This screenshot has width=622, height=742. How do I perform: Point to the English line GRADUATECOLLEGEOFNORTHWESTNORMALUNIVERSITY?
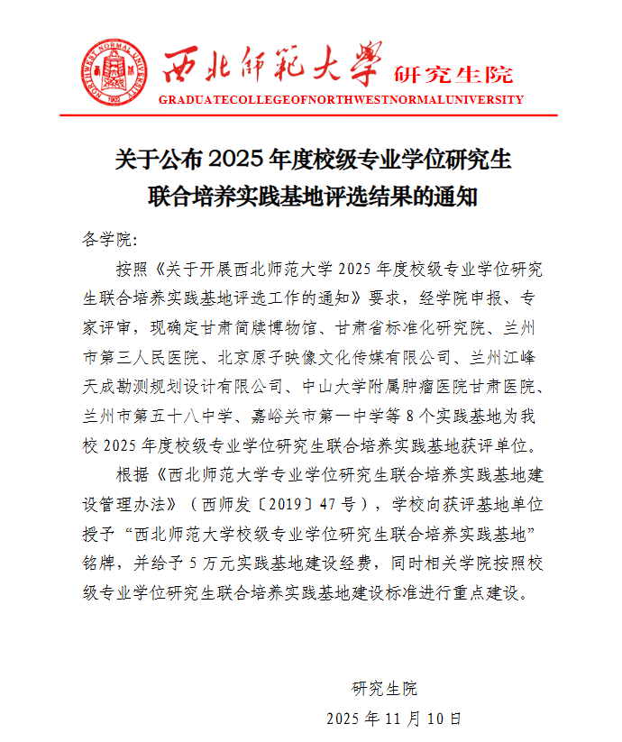(341, 100)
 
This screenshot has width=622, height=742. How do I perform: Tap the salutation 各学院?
(110, 239)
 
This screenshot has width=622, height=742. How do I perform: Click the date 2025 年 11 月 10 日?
(394, 719)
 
